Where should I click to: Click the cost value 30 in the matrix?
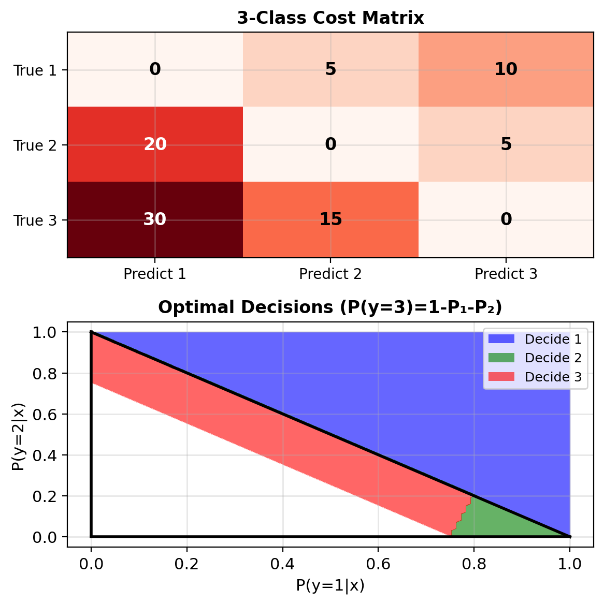[155, 219]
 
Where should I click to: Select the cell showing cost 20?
[155, 144]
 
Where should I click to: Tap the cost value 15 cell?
[330, 219]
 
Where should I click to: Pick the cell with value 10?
[506, 69]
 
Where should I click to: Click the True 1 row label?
[35, 70]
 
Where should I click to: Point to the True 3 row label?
[35, 220]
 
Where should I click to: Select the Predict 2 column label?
[330, 274]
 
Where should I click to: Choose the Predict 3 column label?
[506, 274]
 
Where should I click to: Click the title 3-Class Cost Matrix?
[330, 18]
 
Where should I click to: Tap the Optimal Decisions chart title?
[330, 307]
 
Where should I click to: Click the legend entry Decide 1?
[553, 340]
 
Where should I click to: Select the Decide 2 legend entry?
[553, 358]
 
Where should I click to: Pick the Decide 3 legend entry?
[553, 377]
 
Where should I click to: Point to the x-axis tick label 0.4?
[282, 563]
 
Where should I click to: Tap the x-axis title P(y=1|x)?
[330, 585]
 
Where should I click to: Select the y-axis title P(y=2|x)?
[18, 434]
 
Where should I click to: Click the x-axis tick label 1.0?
[570, 563]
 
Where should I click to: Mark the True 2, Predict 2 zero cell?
[330, 144]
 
